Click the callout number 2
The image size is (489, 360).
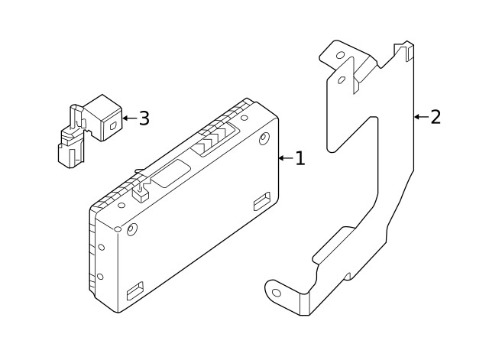(436, 117)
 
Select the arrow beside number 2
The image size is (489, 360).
(419, 117)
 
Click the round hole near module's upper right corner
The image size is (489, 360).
(264, 139)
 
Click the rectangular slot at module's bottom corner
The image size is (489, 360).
(135, 290)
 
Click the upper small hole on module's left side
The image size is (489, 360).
(101, 247)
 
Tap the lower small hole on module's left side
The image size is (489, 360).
(100, 277)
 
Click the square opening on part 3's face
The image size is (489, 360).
(112, 126)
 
